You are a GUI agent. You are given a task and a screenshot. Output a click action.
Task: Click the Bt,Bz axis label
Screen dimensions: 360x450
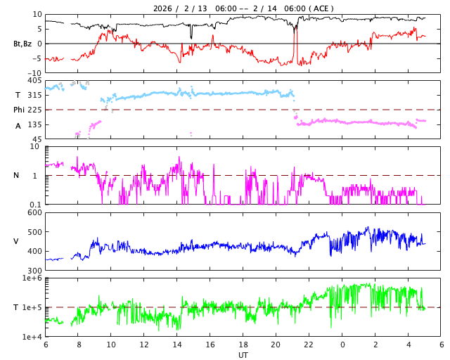click(22, 44)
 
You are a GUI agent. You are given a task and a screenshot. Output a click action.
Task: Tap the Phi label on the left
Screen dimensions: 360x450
click(20, 110)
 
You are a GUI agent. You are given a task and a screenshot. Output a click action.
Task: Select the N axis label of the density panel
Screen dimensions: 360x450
click(17, 175)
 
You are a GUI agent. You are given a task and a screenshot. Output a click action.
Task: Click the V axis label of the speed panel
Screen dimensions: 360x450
click(16, 241)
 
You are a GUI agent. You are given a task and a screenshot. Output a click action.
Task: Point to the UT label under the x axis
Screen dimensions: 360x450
click(243, 355)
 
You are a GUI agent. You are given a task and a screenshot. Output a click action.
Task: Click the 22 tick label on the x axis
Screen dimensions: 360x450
click(309, 345)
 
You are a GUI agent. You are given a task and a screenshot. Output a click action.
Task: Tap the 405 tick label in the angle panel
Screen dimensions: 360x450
click(34, 81)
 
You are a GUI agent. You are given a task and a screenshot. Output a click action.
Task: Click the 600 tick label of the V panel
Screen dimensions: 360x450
click(34, 212)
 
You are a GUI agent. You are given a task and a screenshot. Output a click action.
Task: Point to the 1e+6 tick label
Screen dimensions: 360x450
click(32, 278)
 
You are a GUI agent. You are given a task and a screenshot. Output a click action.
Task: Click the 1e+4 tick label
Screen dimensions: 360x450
click(32, 337)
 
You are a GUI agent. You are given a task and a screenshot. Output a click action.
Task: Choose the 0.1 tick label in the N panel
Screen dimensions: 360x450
click(35, 205)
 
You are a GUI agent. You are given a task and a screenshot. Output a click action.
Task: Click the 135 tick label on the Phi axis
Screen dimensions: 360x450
click(34, 124)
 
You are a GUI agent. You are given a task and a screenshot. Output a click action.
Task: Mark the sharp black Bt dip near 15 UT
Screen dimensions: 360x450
click(191, 36)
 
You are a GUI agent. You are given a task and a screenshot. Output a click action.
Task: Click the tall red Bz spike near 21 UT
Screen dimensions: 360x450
click(296, 35)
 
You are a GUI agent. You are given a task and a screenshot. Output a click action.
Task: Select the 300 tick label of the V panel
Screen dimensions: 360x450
click(34, 271)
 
